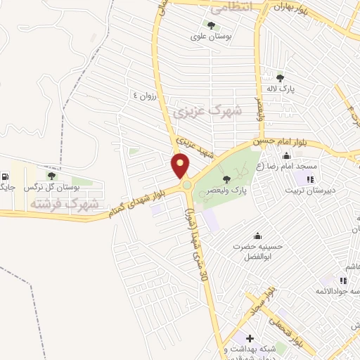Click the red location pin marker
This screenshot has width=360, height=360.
181,166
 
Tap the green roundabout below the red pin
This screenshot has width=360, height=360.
186,185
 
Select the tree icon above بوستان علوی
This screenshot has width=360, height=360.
212,25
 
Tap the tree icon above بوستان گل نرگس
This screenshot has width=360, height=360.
51,176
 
